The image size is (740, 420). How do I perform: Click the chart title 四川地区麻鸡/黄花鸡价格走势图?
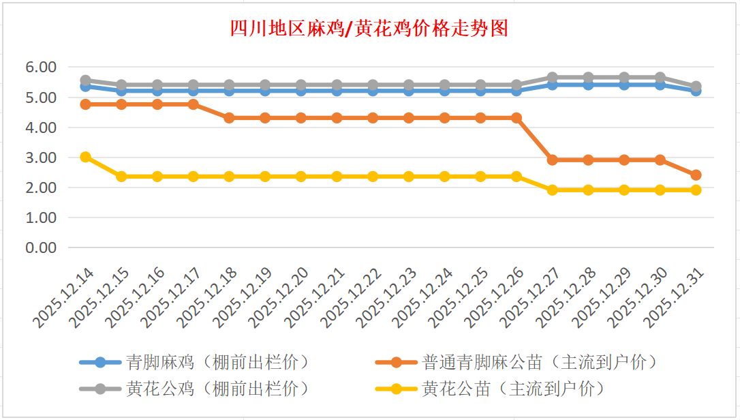tap(370, 29)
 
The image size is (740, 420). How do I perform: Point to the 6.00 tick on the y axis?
tap(40, 67)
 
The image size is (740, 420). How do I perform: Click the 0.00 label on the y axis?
tap(40, 247)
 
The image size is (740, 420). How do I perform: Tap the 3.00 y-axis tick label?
tap(40, 157)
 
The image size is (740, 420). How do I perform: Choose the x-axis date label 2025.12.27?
tap(532, 297)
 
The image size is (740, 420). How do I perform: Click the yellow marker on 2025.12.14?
tap(86, 157)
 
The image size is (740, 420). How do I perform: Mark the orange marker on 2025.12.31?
tap(696, 175)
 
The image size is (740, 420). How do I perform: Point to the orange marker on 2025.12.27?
tap(553, 160)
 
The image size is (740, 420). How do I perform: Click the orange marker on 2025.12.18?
tap(230, 118)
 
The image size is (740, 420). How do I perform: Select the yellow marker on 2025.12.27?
tap(553, 190)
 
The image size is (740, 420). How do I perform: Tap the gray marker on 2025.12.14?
tap(86, 80)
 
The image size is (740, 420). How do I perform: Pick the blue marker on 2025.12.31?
tap(696, 91)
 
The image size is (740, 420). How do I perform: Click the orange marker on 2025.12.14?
tap(86, 104)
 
